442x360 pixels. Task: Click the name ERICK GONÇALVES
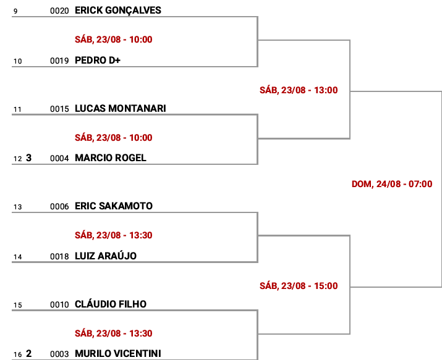click(118, 10)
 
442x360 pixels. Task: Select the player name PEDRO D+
click(98, 61)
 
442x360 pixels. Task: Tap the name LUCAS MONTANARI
click(121, 108)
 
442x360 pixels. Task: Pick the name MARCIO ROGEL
click(111, 157)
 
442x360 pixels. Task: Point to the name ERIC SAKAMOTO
click(114, 206)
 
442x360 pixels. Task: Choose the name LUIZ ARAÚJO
click(106, 256)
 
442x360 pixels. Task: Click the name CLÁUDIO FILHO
click(111, 304)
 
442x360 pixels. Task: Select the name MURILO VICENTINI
click(118, 353)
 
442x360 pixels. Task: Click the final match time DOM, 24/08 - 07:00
click(392, 184)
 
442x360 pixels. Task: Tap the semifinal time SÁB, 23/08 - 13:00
click(299, 90)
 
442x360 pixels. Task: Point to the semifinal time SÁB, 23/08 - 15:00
click(299, 286)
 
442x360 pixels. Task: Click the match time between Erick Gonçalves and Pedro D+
click(113, 40)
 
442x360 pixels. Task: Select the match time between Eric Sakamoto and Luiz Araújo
click(113, 235)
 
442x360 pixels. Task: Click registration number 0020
click(59, 11)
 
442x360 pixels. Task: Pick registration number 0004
click(59, 159)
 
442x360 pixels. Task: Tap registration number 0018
click(59, 257)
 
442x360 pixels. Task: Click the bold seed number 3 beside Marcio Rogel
click(28, 158)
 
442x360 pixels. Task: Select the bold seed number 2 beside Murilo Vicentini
click(28, 354)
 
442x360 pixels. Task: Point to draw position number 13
click(17, 207)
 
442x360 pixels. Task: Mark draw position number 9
click(15, 11)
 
